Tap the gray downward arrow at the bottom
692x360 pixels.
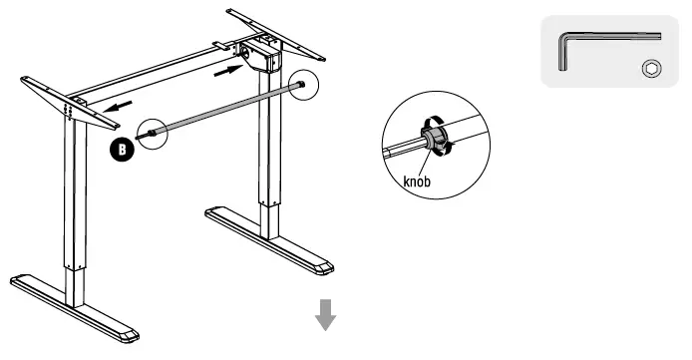325,316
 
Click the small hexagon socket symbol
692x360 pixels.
650,68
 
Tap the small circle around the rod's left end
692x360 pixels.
153,133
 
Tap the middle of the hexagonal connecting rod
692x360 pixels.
224,110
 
